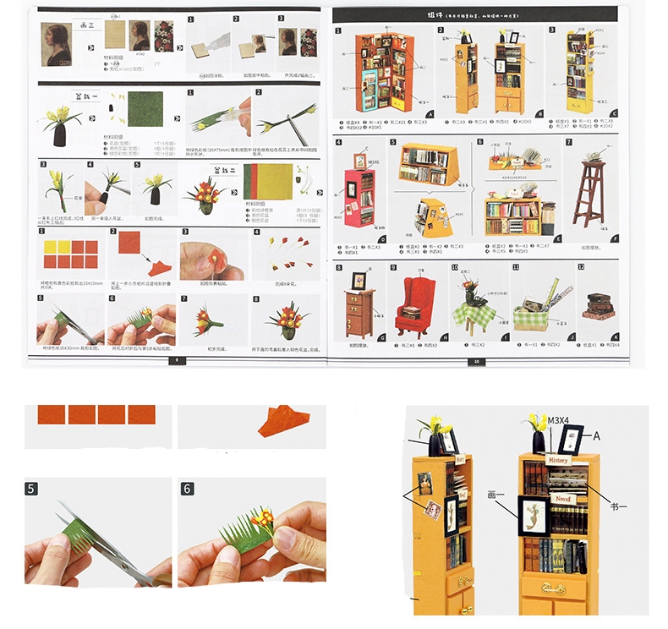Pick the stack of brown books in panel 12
598,305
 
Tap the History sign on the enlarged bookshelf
559,461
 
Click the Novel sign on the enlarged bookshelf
561,500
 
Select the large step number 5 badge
31,489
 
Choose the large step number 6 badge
187,489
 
